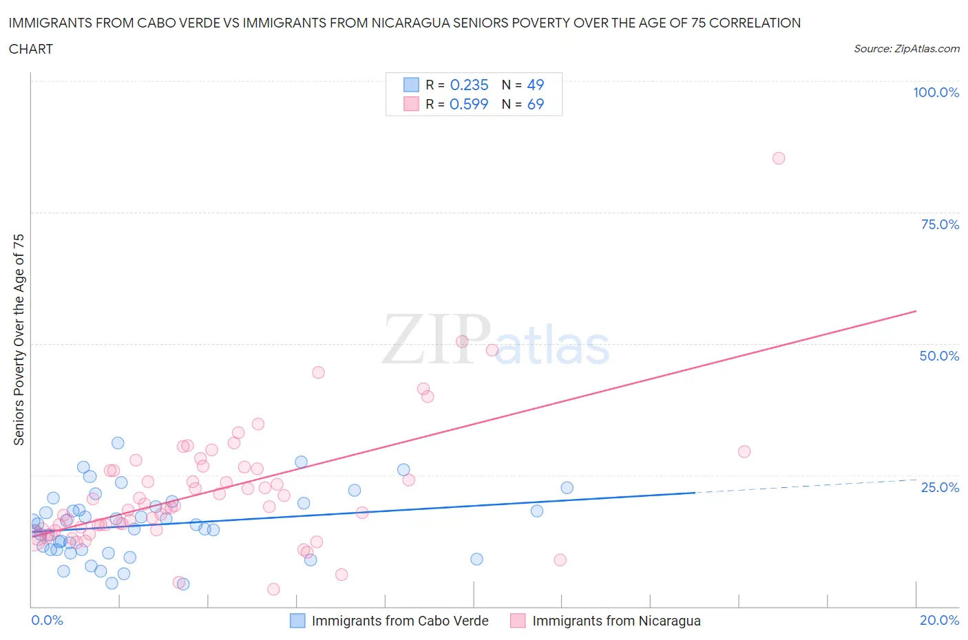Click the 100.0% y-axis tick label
point(936,93)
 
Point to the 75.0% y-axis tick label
point(939,224)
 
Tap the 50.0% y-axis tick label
point(939,356)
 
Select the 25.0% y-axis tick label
point(939,487)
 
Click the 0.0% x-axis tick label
point(47,620)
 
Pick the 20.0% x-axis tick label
point(939,620)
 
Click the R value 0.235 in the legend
point(469,85)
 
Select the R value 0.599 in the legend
point(469,104)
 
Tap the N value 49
point(535,85)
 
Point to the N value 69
point(535,104)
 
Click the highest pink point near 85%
point(779,158)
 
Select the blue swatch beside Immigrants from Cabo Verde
point(297,621)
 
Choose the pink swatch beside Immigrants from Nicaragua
point(518,621)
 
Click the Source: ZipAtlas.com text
point(906,48)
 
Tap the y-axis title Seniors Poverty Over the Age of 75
point(19,339)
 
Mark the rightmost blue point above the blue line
point(567,488)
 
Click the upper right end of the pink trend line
point(915,312)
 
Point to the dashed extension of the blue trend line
point(806,486)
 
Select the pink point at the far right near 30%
point(744,452)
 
